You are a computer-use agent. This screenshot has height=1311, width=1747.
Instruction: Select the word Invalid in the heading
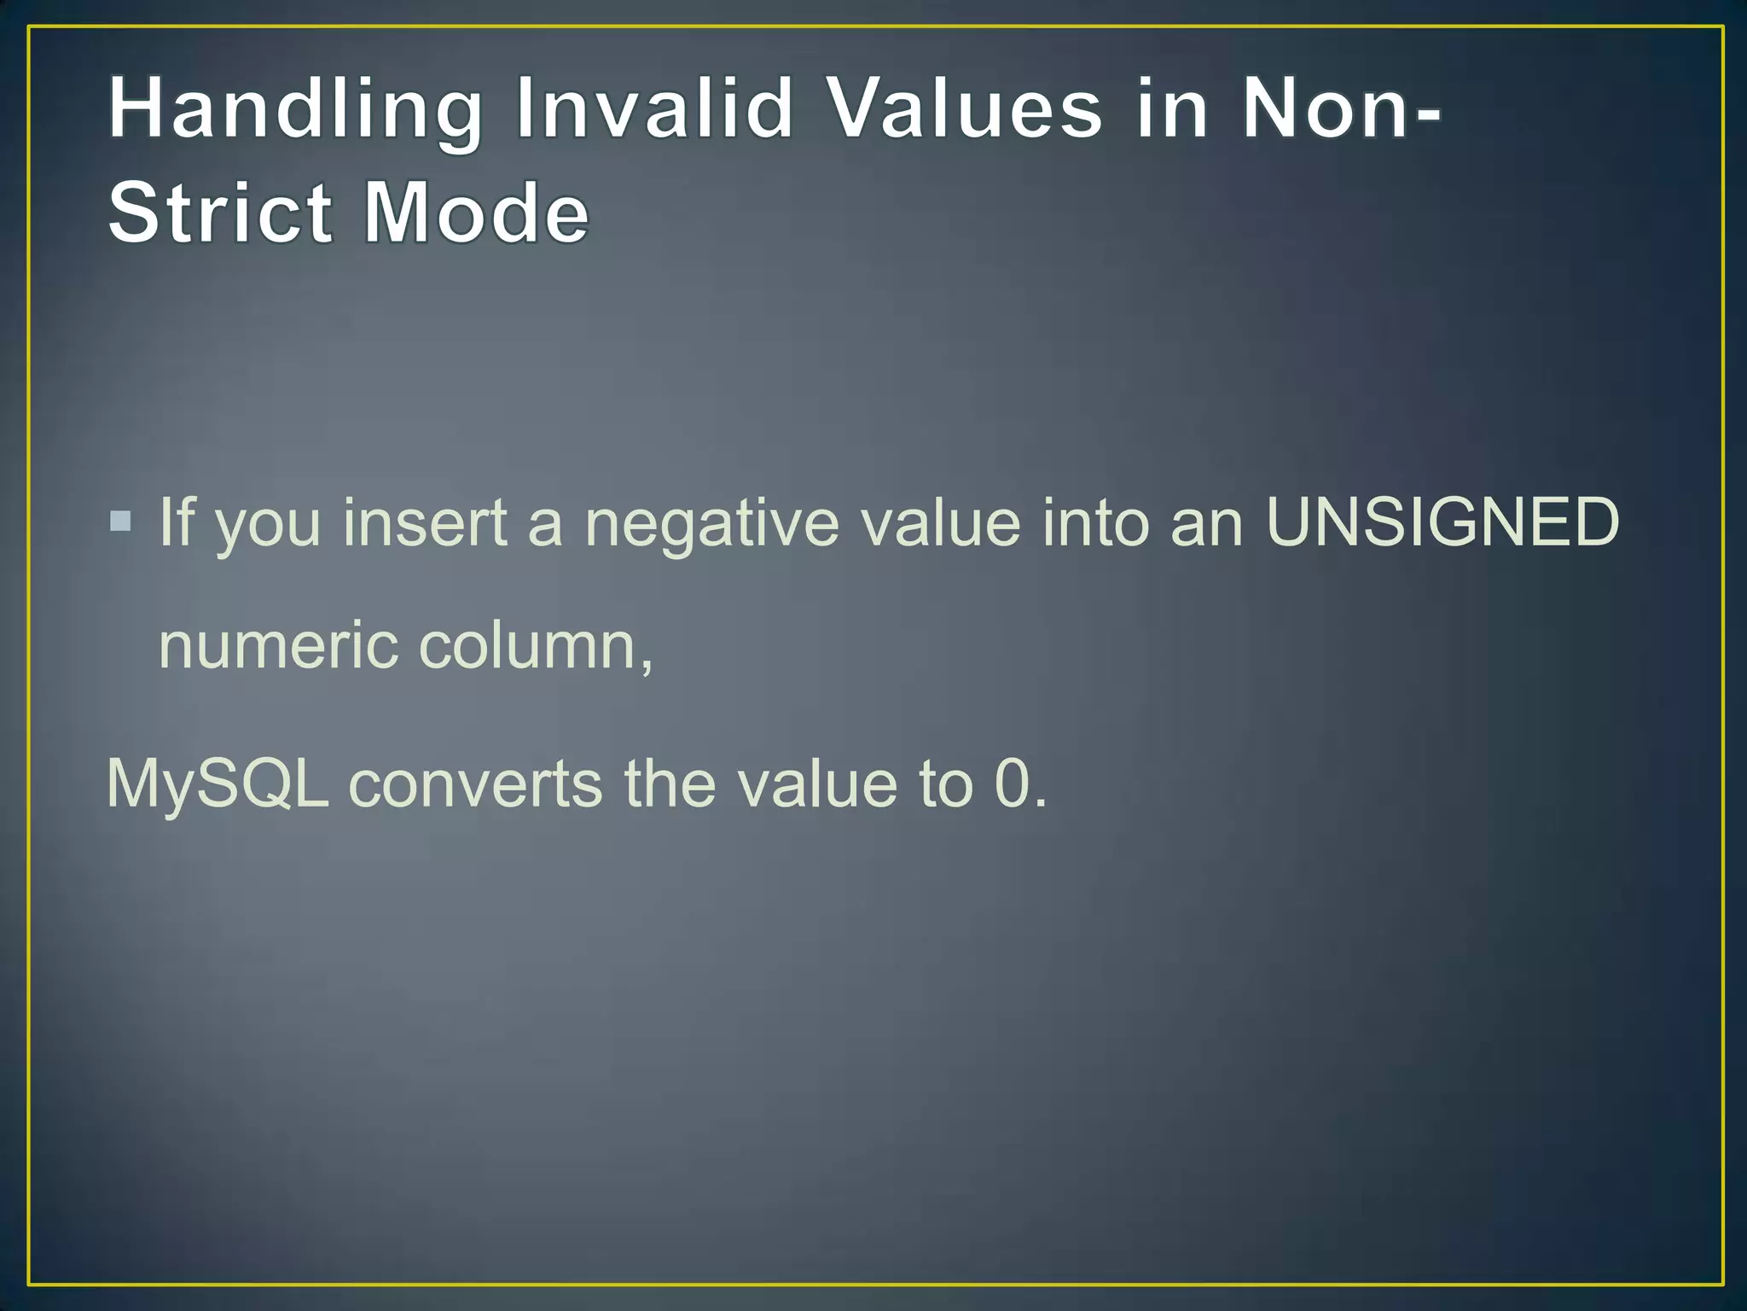655,108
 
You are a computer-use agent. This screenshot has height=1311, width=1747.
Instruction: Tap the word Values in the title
966,108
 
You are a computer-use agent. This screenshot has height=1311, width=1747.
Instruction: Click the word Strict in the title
219,213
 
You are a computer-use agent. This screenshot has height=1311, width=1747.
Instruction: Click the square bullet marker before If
120,521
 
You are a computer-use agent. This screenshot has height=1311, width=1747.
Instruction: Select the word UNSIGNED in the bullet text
1442,521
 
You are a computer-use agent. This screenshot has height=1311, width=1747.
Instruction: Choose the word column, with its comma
537,645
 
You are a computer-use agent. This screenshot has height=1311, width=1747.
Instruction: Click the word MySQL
218,784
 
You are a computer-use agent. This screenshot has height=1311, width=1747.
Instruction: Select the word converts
475,784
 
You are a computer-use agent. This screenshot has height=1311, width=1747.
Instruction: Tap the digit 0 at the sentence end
1013,784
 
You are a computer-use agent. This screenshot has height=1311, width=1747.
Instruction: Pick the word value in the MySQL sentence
817,784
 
